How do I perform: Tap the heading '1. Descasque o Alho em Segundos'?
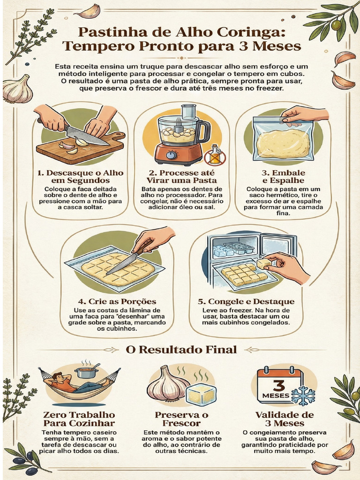coord(81,177)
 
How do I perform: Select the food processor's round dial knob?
coord(171,155)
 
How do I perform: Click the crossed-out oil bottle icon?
coord(215,155)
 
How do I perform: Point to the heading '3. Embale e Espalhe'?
coord(284,177)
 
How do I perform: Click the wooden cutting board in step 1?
coord(81,146)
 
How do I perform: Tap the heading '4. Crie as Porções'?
coord(117,301)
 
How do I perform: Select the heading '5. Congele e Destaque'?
coord(246,301)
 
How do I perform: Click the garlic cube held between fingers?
coord(264,263)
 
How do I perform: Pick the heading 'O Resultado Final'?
coord(181,349)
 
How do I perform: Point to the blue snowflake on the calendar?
coord(303,396)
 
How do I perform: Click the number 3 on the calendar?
coord(278,385)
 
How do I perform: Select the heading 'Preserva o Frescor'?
coord(181,419)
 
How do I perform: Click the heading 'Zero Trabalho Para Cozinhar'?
coord(79,419)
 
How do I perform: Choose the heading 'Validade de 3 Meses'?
coord(285,419)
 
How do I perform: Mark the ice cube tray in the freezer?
coord(239,247)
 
